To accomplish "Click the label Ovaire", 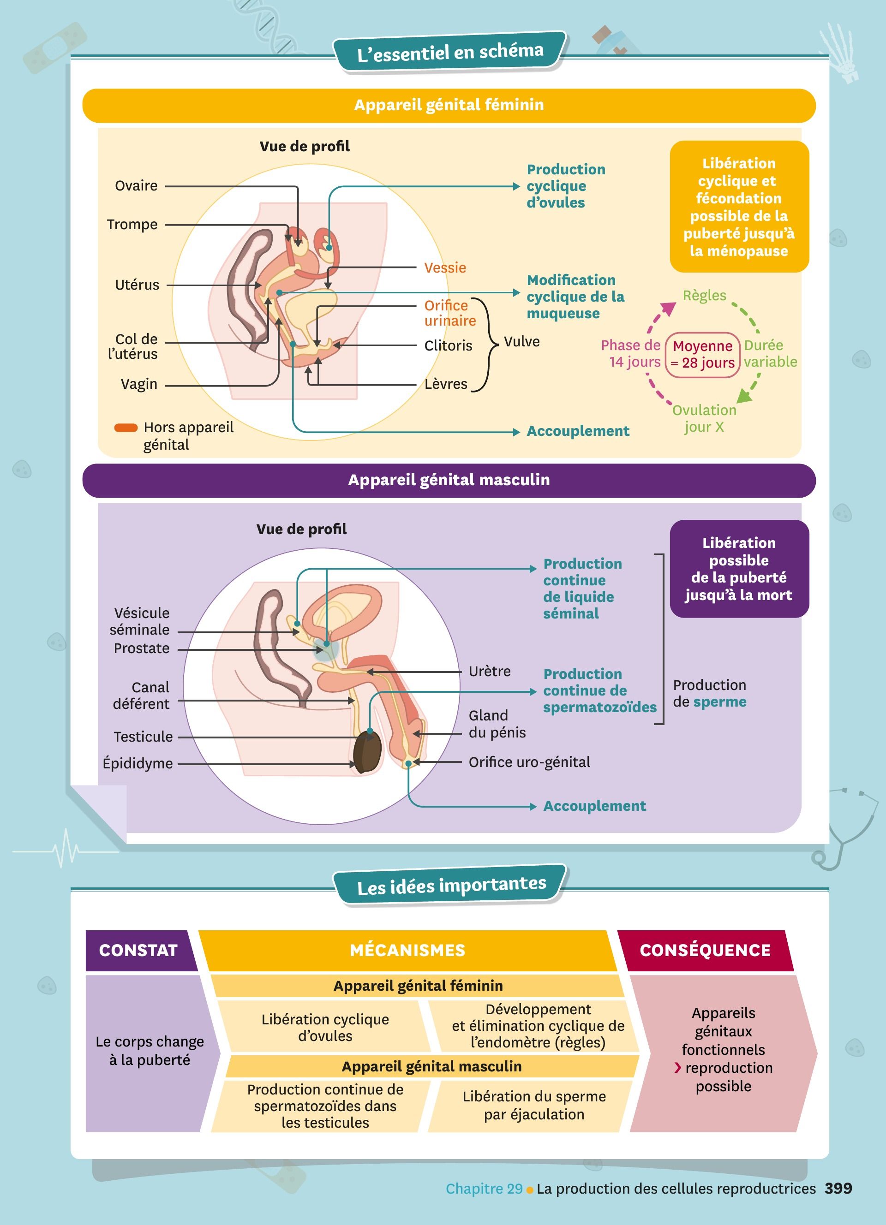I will tap(136, 186).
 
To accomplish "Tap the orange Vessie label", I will tap(445, 268).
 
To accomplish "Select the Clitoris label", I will tap(448, 345).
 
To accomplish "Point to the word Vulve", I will tap(521, 341).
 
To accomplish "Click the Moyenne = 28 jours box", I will tap(702, 354).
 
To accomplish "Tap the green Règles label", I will tap(704, 296).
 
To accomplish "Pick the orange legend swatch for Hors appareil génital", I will tap(126, 428).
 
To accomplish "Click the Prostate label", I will tap(142, 648).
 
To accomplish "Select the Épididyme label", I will tap(138, 763).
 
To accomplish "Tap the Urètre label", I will tap(490, 672).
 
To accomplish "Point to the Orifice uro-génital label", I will tap(529, 762).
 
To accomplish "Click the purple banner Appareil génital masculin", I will tap(449, 480).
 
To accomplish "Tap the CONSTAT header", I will tap(138, 950).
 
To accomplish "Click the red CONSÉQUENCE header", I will tap(705, 950).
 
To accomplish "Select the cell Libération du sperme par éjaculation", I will tap(534, 1105).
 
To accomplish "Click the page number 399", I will tap(838, 1188).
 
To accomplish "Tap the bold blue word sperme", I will tap(720, 702).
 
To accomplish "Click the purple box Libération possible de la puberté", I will tap(738, 569).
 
